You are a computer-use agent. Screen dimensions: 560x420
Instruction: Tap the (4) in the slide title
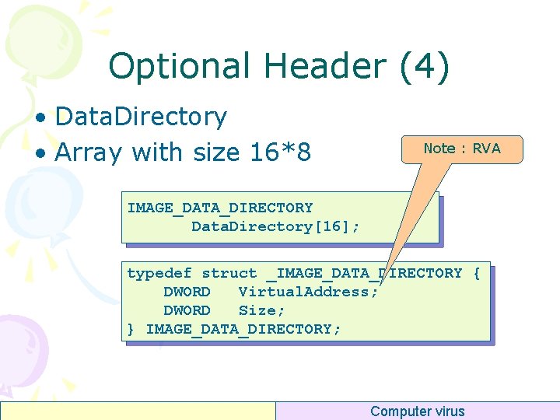(424, 67)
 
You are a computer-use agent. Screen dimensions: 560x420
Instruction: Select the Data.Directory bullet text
(141, 117)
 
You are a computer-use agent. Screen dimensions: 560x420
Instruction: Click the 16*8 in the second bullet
(281, 152)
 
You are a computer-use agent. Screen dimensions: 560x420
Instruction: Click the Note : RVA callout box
(462, 149)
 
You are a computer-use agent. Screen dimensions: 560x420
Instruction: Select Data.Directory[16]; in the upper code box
(275, 226)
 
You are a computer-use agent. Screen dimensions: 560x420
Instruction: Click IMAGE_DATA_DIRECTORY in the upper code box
(220, 208)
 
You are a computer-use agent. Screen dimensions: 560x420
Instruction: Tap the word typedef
(159, 273)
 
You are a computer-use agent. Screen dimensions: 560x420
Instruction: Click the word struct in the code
(229, 273)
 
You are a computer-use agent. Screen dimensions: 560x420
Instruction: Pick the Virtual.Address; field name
(308, 292)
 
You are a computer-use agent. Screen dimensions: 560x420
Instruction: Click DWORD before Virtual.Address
(187, 292)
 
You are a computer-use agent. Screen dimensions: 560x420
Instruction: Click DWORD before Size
(187, 310)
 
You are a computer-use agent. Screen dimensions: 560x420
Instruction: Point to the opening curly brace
(477, 273)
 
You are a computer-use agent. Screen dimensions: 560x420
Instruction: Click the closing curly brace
(131, 329)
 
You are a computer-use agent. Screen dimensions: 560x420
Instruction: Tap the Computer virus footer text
(417, 411)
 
